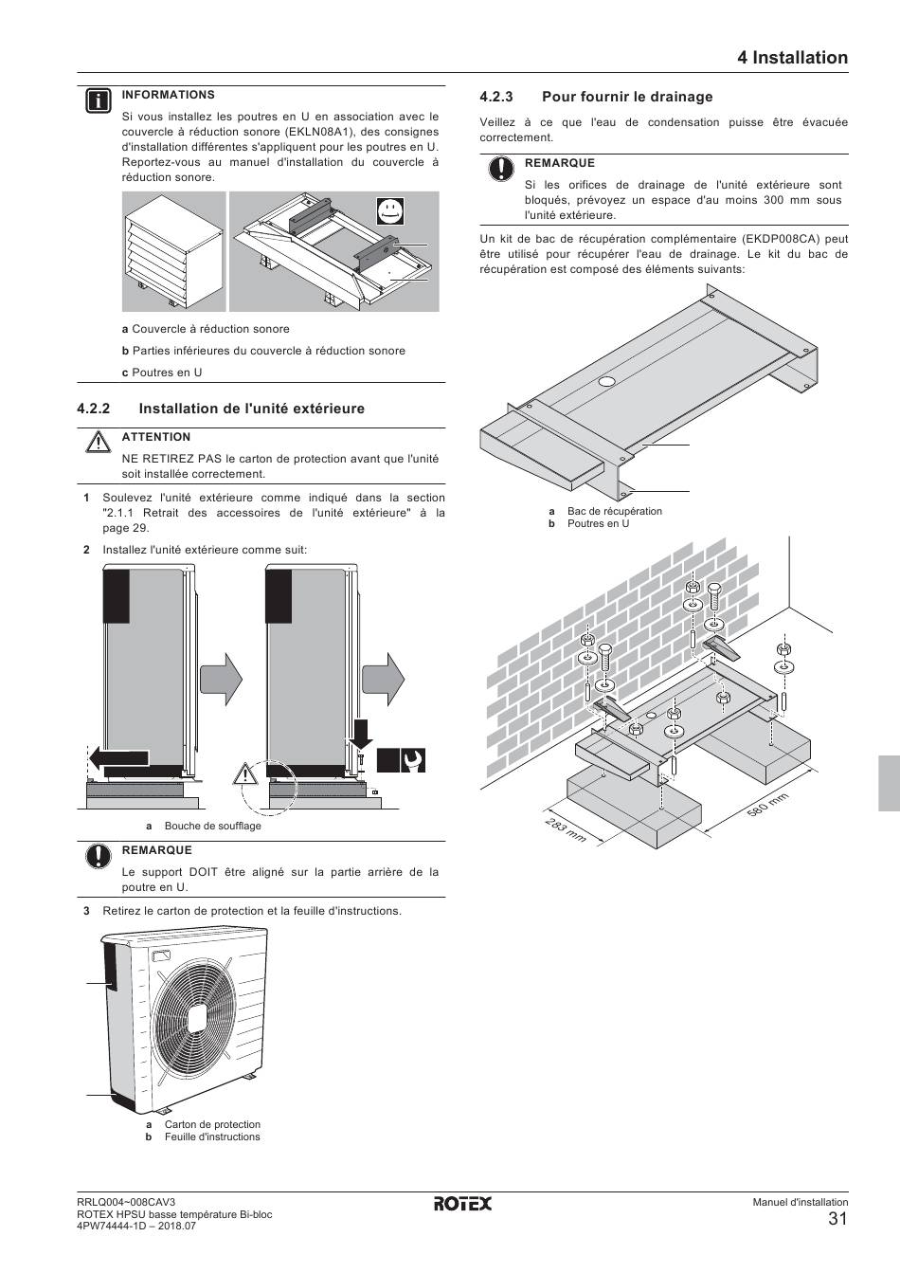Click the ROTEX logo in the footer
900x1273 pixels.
463,1204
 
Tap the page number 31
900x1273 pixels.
837,1219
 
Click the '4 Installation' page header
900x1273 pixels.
792,58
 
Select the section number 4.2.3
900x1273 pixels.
496,97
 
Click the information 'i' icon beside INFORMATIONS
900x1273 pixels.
97,100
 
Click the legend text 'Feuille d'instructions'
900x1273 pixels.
212,1137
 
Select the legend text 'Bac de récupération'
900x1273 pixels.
615,511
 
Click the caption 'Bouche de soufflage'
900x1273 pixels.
212,826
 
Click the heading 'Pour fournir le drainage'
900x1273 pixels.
627,97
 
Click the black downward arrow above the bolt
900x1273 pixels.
361,731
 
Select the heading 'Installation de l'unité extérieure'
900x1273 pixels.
251,409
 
